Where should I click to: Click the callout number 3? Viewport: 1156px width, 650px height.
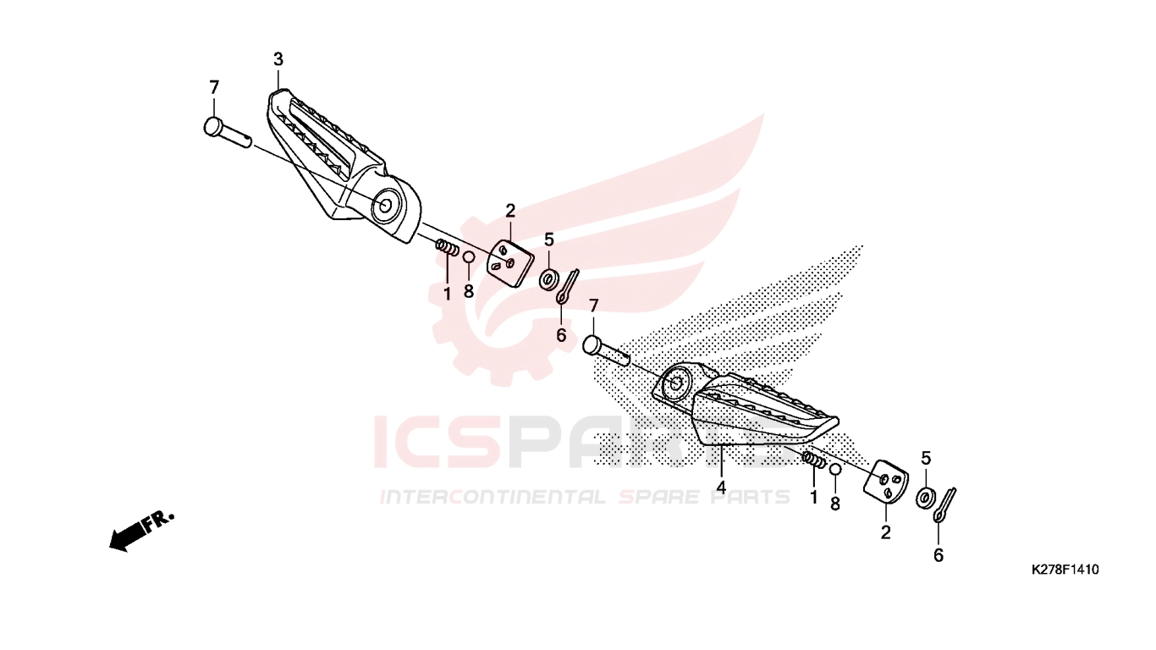point(278,59)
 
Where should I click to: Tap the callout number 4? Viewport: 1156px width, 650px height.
point(721,487)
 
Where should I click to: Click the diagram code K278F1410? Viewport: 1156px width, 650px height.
point(1065,570)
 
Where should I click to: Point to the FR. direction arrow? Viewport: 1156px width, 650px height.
point(140,532)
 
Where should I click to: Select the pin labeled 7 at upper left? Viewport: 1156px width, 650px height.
point(228,133)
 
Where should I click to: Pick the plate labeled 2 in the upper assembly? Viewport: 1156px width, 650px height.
point(510,262)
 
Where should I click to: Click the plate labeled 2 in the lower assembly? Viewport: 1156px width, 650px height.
point(886,484)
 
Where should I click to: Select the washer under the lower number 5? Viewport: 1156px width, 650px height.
point(925,497)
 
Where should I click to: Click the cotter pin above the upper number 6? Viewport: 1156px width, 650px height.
point(567,287)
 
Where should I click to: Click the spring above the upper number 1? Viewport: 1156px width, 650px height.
point(448,247)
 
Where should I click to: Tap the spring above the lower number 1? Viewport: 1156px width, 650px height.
point(813,459)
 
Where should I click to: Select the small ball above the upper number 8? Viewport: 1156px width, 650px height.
point(469,257)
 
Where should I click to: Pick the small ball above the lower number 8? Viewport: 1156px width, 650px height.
point(835,470)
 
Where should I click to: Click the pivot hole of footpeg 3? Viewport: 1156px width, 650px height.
point(386,206)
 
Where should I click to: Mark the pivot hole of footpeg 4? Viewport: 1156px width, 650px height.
point(675,383)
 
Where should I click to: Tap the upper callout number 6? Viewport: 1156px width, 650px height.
point(561,336)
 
